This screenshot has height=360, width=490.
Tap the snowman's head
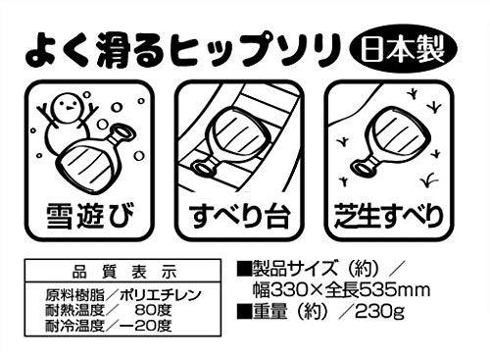pyautogui.click(x=68, y=107)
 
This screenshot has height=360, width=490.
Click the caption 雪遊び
pyautogui.click(x=90, y=217)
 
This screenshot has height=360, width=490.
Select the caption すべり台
pyautogui.click(x=240, y=217)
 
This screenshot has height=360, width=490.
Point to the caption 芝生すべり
pyautogui.click(x=389, y=216)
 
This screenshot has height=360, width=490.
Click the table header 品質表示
pyautogui.click(x=124, y=272)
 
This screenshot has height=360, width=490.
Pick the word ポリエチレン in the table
pyautogui.click(x=160, y=295)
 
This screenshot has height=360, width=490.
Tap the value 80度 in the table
pyautogui.click(x=154, y=310)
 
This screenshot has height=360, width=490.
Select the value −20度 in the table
pyautogui.click(x=145, y=325)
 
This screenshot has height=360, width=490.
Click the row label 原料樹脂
pyautogui.click(x=74, y=295)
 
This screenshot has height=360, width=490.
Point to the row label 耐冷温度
pyautogui.click(x=74, y=325)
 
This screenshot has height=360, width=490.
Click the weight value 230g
pyautogui.click(x=380, y=312)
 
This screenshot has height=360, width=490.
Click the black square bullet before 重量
pyautogui.click(x=244, y=311)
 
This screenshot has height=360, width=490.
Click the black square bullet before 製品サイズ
pyautogui.click(x=244, y=268)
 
